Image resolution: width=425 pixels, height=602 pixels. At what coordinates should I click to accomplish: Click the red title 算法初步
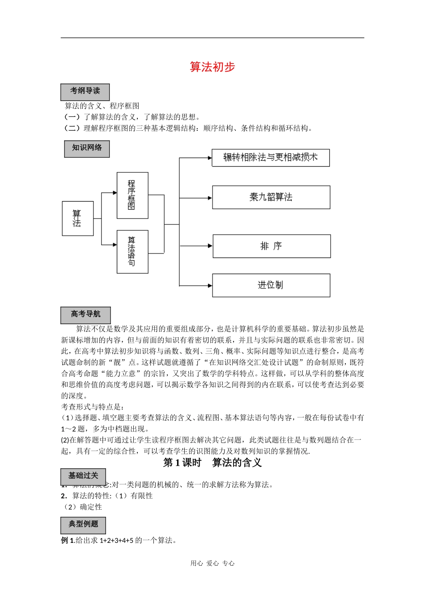(x=212, y=67)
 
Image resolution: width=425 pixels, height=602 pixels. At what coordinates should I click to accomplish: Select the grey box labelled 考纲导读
(x=85, y=92)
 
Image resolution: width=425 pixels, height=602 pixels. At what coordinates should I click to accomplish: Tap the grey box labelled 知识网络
(x=87, y=148)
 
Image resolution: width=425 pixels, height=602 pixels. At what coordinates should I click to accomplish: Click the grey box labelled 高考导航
(x=85, y=314)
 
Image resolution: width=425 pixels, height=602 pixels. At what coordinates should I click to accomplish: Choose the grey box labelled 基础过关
(x=83, y=476)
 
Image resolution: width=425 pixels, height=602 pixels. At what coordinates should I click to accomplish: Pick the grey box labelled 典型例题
(x=83, y=525)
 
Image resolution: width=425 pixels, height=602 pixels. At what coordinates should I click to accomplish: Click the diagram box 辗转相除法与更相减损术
(x=271, y=158)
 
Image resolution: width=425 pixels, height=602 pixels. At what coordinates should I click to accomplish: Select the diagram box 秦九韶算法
(x=271, y=198)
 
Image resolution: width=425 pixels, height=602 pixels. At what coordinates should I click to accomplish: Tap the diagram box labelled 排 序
(x=272, y=246)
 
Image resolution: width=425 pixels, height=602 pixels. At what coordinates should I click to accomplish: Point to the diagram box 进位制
(x=271, y=285)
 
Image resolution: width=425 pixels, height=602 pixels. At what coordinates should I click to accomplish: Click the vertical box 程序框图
(x=132, y=195)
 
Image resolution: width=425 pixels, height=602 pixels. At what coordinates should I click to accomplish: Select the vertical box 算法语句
(x=132, y=252)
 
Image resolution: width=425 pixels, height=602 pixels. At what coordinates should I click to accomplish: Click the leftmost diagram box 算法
(x=78, y=219)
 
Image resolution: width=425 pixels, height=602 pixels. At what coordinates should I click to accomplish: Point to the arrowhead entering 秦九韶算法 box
(x=209, y=198)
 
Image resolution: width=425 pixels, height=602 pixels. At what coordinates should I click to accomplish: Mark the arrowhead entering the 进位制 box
(x=209, y=285)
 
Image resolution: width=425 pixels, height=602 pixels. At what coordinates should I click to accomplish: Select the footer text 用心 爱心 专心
(x=212, y=563)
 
